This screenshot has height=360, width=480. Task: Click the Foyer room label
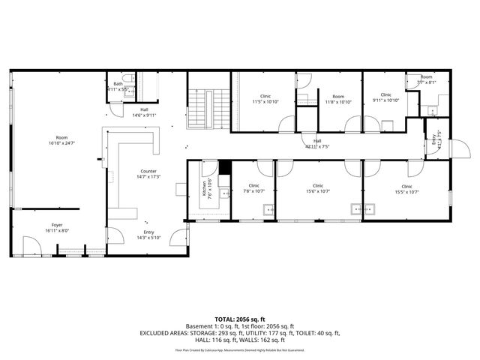click(x=57, y=225)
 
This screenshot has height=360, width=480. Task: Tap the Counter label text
click(x=148, y=172)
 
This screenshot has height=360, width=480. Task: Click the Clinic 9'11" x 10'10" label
click(x=385, y=95)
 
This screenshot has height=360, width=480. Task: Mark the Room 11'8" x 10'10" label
click(x=338, y=97)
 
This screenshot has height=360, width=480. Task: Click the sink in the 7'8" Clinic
click(x=268, y=208)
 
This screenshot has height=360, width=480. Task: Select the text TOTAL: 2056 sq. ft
click(x=240, y=319)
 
